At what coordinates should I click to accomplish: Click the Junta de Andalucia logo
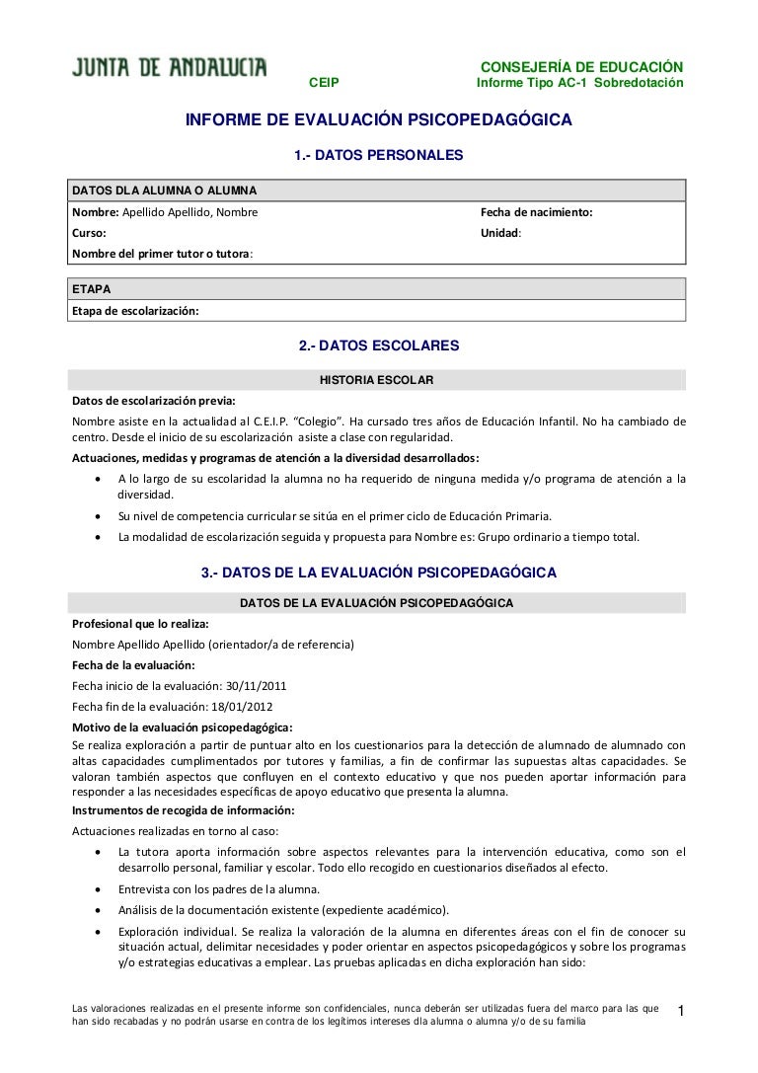point(169,68)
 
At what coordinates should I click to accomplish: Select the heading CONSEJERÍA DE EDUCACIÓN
point(580,66)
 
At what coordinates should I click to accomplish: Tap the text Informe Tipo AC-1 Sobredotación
point(579,83)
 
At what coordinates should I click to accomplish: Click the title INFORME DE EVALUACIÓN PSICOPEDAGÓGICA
point(379,120)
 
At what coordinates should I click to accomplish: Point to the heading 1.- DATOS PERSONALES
point(379,156)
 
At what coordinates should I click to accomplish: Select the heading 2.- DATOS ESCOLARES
point(379,346)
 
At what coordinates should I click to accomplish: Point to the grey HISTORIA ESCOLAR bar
point(379,380)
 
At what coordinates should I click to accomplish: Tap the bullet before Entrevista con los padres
point(98,889)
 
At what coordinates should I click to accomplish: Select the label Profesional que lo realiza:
point(140,624)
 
